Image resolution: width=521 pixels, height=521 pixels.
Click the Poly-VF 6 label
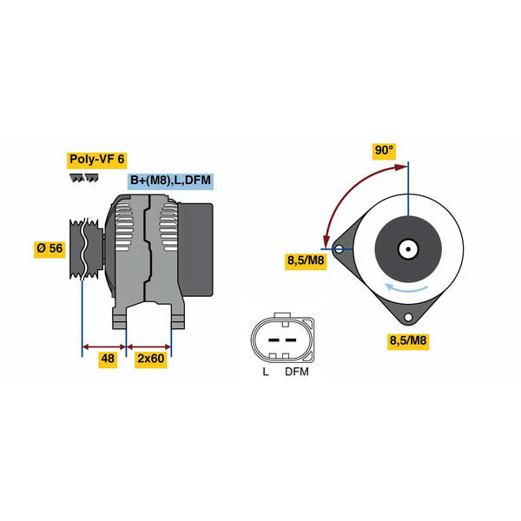[x=96, y=160]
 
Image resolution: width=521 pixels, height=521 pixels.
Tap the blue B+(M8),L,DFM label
[x=170, y=181]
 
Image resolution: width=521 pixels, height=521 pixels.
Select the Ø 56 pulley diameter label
[x=49, y=248]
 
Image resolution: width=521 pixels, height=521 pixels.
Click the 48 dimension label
[x=108, y=359]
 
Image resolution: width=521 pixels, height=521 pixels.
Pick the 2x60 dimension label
[x=151, y=359]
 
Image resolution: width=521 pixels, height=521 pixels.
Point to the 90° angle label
[x=384, y=151]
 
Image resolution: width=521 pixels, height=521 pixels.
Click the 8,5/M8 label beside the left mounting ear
[x=306, y=261]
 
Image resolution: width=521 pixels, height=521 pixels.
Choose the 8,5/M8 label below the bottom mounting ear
[x=408, y=341]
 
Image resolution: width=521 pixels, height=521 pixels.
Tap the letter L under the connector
[x=265, y=372]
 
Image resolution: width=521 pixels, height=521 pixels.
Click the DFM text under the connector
[x=297, y=372]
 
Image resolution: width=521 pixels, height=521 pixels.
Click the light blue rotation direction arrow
[x=406, y=287]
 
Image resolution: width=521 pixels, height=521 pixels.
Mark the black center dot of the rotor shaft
[x=408, y=249]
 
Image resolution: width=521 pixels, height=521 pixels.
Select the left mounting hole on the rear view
[x=340, y=249]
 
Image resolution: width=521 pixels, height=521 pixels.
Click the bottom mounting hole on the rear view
[x=408, y=317]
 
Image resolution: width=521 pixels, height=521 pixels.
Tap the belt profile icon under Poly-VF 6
[x=84, y=178]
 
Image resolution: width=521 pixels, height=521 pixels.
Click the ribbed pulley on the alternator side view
[x=86, y=248]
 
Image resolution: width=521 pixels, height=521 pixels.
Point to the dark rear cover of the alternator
[x=195, y=250]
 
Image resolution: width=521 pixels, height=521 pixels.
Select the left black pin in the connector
[x=274, y=340]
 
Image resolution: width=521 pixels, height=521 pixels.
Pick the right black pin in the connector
[x=291, y=340]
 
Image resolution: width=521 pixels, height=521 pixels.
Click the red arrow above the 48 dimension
[x=104, y=347]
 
